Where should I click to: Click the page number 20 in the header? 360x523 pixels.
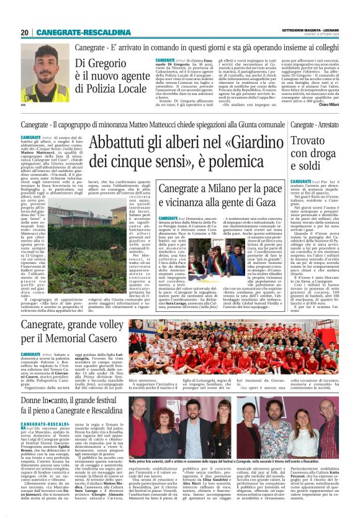(x=24, y=32)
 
